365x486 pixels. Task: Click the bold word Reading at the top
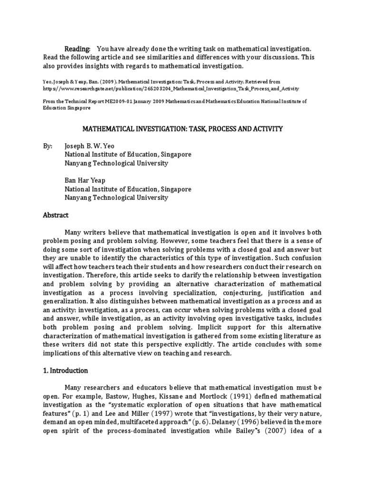[x=77, y=49]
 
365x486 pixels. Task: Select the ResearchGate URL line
[x=171, y=88]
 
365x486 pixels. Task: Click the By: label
[x=48, y=146]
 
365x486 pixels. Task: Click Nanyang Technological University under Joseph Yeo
[x=116, y=163]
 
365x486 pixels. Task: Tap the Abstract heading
[x=56, y=215]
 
